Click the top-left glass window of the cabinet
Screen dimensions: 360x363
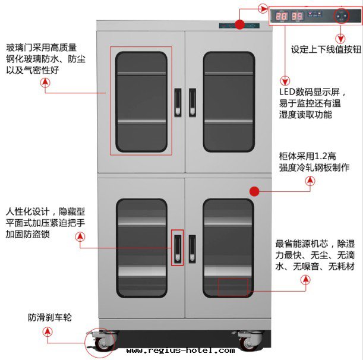tap(141, 101)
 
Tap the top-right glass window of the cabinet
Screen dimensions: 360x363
tap(229, 101)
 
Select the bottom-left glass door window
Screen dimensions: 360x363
tap(141, 248)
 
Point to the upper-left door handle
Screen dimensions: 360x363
tap(176, 102)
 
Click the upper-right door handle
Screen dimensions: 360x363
tap(192, 102)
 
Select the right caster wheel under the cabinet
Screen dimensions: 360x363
tap(247, 341)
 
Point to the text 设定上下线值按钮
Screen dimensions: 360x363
tap(326, 50)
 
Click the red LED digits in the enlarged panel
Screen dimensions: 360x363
tap(289, 16)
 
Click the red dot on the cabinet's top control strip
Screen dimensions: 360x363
tap(239, 25)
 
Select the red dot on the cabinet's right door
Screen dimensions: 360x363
tap(254, 191)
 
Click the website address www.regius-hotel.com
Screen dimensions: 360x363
tap(180, 350)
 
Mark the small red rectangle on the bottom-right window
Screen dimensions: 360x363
tap(232, 287)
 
